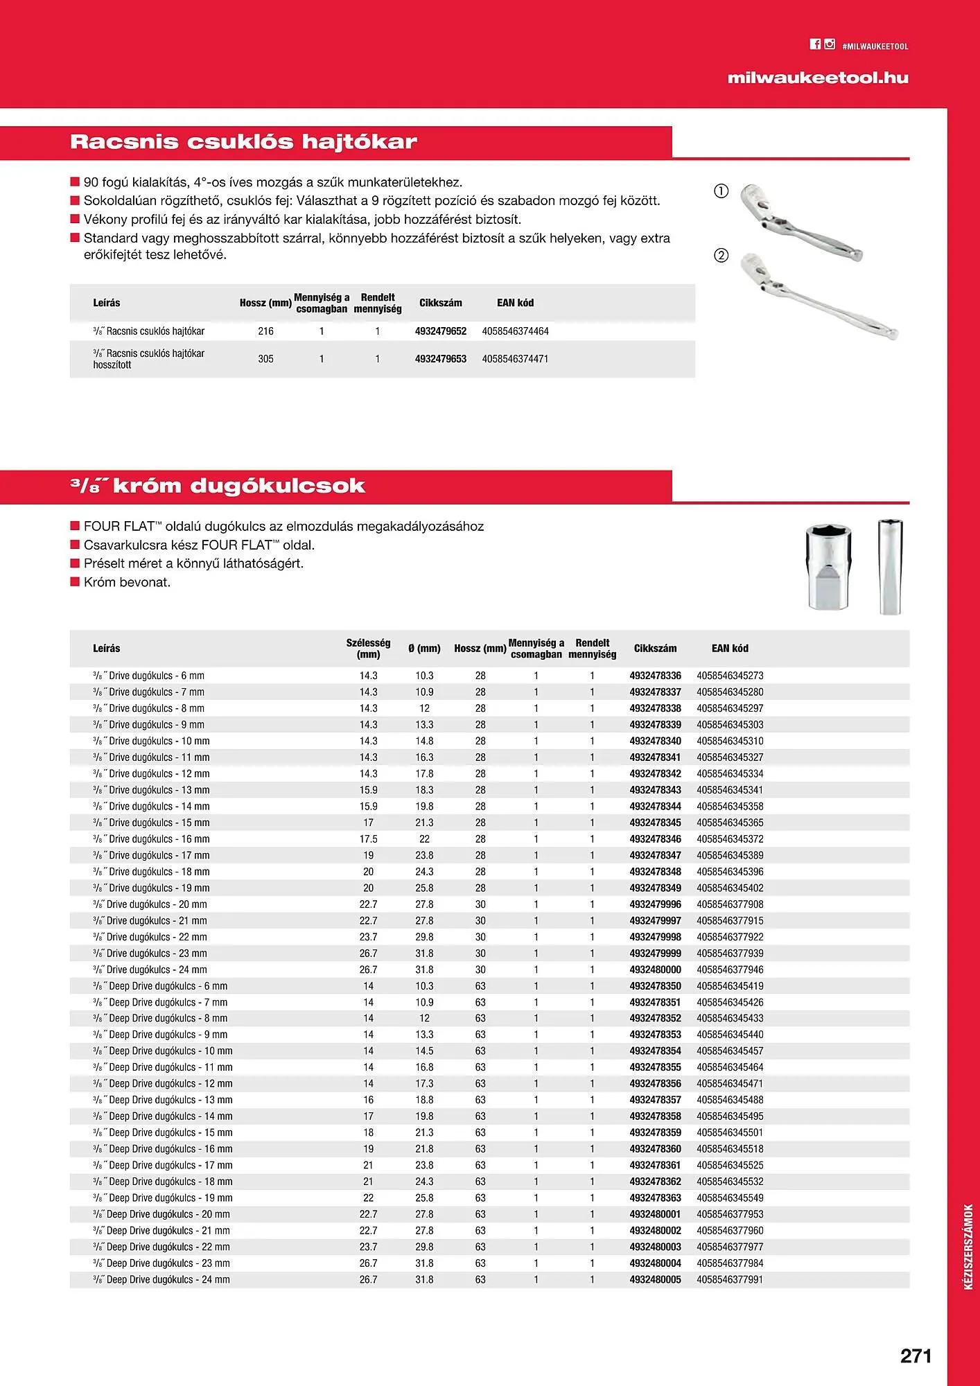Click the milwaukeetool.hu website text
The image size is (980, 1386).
pyautogui.click(x=817, y=78)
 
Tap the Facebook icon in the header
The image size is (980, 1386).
pyautogui.click(x=815, y=44)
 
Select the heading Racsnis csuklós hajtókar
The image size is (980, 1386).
pyautogui.click(x=243, y=142)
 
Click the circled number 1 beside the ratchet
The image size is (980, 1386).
pyautogui.click(x=721, y=191)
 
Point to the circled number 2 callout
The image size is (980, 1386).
pyautogui.click(x=721, y=255)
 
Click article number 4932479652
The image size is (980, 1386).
pyautogui.click(x=441, y=331)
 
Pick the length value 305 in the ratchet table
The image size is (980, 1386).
pyautogui.click(x=265, y=359)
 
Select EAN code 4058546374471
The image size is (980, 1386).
pyautogui.click(x=515, y=359)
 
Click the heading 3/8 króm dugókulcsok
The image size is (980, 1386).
pyautogui.click(x=218, y=486)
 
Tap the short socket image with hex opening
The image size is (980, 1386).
pyautogui.click(x=829, y=567)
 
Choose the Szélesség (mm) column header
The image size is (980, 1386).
pyautogui.click(x=368, y=649)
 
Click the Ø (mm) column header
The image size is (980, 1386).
pyautogui.click(x=424, y=649)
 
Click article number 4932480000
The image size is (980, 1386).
pyautogui.click(x=655, y=970)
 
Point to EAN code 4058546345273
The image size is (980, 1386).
pyautogui.click(x=730, y=676)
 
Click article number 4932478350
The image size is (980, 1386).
pyautogui.click(x=655, y=986)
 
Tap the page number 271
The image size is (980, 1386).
pyautogui.click(x=916, y=1356)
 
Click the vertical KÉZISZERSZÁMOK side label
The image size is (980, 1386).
pyautogui.click(x=968, y=1247)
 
